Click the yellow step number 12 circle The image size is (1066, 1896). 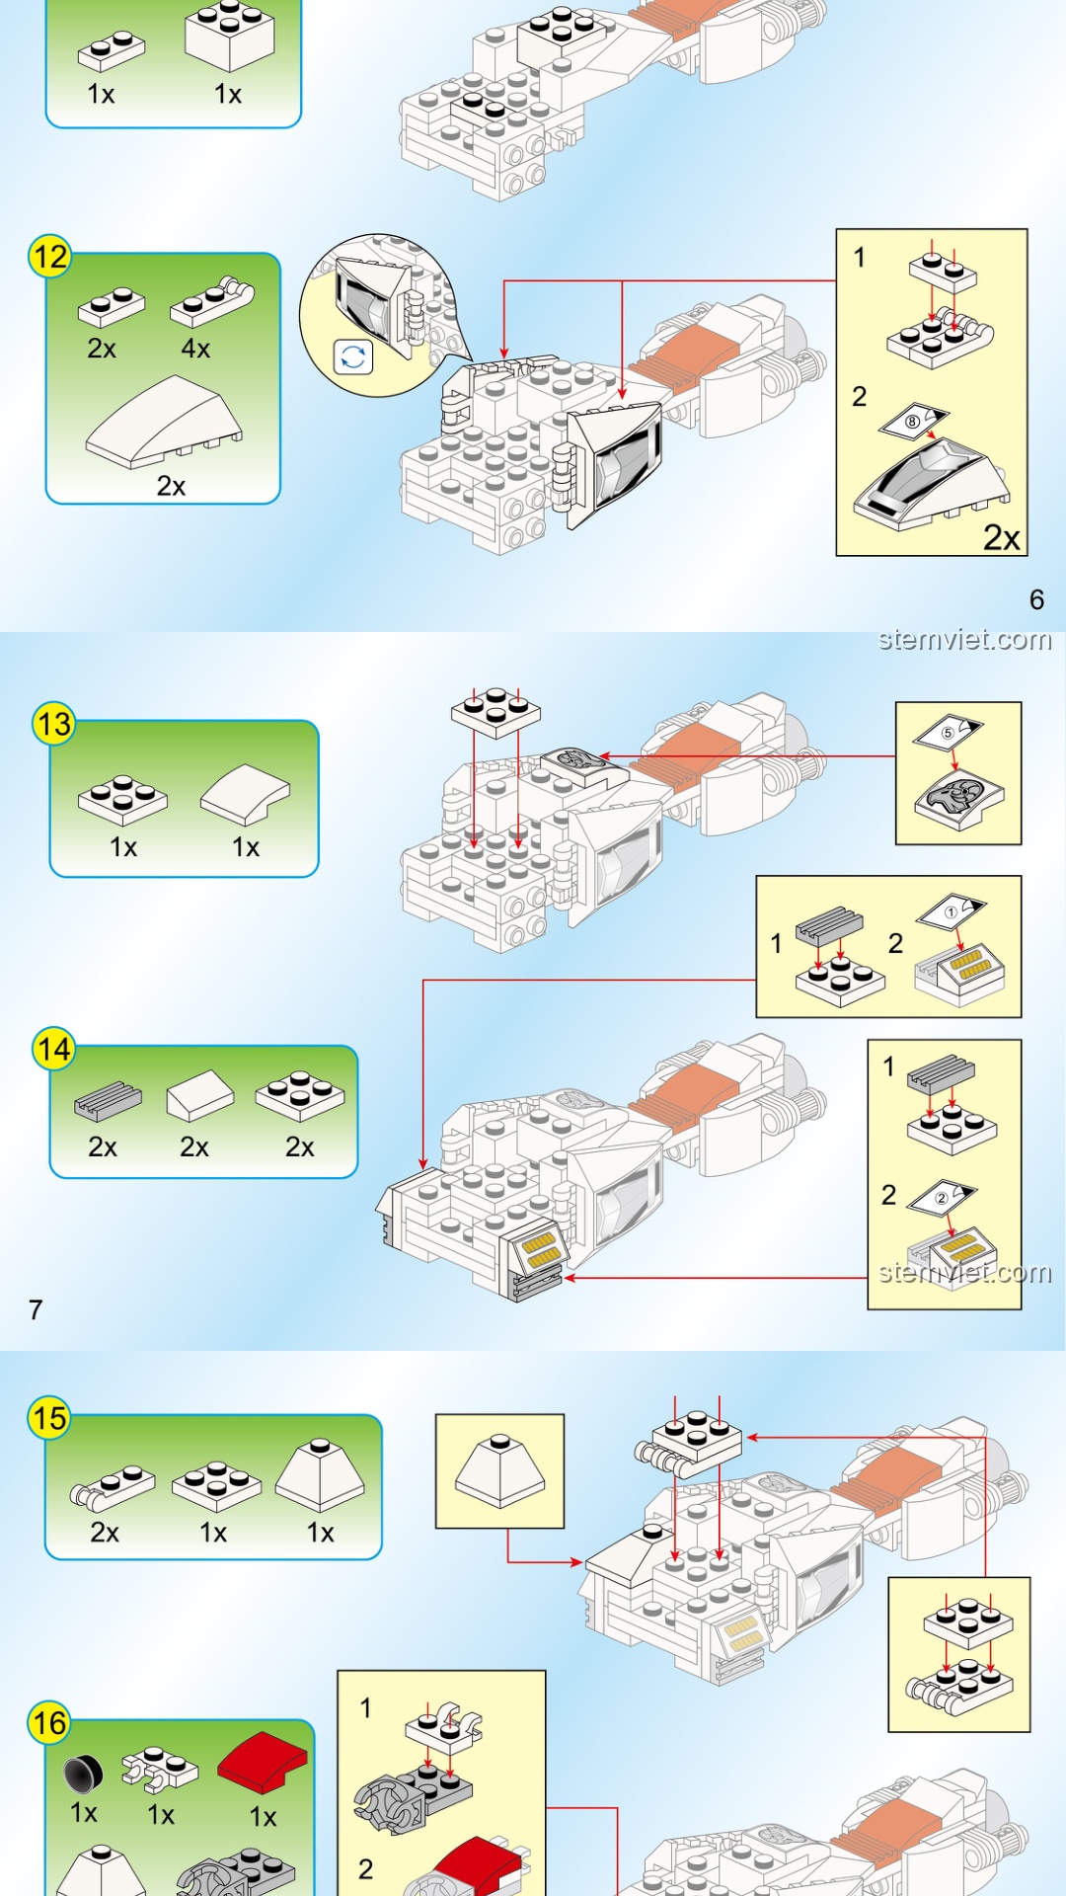[49, 257]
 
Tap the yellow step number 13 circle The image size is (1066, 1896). [54, 724]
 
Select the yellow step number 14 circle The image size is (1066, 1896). [54, 1049]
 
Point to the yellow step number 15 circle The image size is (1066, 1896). [49, 1418]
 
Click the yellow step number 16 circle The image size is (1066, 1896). [49, 1723]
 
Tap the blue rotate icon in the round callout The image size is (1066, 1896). [353, 356]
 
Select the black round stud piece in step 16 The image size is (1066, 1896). [83, 1774]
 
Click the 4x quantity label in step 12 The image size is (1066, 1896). [195, 349]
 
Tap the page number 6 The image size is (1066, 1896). [1036, 599]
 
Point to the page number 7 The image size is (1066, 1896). [36, 1309]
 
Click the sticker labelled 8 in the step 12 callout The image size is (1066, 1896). [914, 422]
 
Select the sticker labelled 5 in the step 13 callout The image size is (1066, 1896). [948, 732]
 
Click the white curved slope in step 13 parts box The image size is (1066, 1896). [246, 793]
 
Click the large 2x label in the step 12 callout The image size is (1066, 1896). [1001, 537]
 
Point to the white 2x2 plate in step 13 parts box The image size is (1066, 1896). [123, 799]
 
